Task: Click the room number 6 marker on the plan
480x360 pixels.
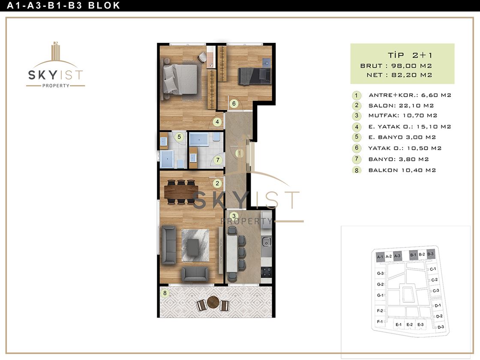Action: pos(234,103)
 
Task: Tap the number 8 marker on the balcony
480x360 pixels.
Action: pos(165,293)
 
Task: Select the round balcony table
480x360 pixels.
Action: pos(213,302)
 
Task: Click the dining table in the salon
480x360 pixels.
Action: pos(181,192)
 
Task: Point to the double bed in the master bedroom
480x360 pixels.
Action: pos(180,79)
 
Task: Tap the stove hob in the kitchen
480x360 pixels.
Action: pos(266,272)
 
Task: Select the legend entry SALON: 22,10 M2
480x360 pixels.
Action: pos(401,105)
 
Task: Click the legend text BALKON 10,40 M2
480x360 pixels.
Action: pos(402,170)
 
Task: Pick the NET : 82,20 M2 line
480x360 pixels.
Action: pos(399,75)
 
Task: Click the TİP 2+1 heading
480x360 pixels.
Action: pos(410,55)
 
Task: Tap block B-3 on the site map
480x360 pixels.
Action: pos(430,254)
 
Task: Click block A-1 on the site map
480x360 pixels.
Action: pos(380,257)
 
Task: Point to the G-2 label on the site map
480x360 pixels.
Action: pos(380,285)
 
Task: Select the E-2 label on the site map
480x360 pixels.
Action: pos(410,324)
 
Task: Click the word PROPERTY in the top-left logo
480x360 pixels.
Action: pos(56,86)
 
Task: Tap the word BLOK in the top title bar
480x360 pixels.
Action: pos(104,6)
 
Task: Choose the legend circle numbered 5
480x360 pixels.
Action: pos(356,137)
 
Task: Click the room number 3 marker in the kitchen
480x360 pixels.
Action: pos(234,216)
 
